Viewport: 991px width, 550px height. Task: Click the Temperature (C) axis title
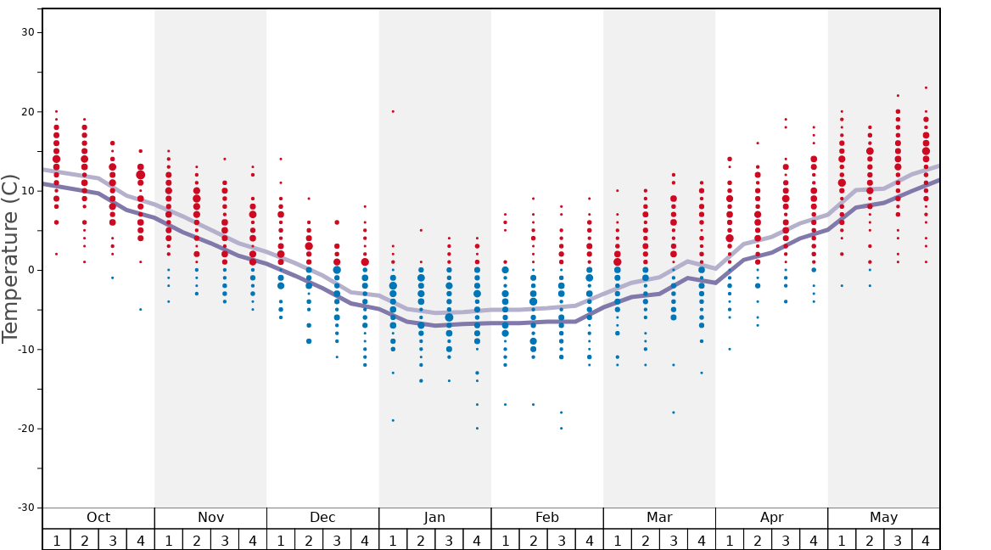point(10,258)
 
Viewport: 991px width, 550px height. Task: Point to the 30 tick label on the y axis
point(27,32)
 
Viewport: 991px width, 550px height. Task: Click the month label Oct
point(98,518)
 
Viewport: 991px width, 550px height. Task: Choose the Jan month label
point(434,518)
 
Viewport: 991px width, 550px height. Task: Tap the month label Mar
point(659,518)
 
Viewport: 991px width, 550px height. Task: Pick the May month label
point(883,518)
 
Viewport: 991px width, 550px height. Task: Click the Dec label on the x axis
point(322,518)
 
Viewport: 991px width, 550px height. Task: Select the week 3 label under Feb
point(561,540)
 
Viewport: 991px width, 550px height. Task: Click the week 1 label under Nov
point(169,540)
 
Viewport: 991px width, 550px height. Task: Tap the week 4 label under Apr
point(814,540)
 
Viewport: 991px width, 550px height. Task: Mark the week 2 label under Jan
point(421,540)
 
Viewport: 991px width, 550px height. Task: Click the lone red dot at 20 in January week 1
point(393,111)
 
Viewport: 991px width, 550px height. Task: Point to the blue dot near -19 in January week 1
point(393,420)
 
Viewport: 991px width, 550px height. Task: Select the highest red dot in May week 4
point(926,87)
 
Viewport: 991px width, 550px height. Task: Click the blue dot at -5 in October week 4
point(141,309)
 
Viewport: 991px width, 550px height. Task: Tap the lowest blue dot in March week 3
point(674,412)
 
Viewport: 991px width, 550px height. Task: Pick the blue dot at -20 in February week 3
point(561,428)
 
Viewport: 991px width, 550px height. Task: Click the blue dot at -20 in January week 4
point(477,428)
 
